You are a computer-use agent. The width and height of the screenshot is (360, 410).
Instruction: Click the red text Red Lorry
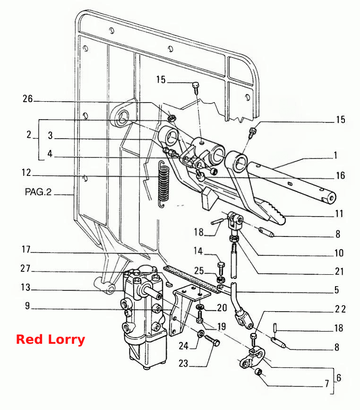tap(51, 340)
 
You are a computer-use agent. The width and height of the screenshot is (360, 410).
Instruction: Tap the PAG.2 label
tap(38, 192)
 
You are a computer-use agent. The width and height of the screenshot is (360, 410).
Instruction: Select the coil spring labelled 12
tap(164, 184)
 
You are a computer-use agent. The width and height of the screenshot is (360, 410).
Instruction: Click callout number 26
tap(27, 98)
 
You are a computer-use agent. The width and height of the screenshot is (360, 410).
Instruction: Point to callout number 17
tap(26, 249)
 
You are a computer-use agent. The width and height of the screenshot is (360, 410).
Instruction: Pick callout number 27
tap(26, 268)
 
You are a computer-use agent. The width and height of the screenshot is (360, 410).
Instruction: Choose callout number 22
tap(340, 309)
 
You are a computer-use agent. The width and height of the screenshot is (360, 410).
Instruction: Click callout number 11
tap(339, 214)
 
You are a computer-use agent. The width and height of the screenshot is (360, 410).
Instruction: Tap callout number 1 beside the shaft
tap(336, 155)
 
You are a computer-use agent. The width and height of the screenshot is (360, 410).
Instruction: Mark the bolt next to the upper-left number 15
tap(196, 88)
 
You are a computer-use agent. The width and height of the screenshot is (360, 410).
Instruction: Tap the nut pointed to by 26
tap(171, 118)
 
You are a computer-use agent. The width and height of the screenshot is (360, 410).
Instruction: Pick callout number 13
tap(26, 288)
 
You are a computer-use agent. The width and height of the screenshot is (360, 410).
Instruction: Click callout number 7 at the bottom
tap(327, 384)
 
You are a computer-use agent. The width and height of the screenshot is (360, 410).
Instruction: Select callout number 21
tap(339, 271)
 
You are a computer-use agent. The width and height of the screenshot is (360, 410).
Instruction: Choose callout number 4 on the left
tap(50, 154)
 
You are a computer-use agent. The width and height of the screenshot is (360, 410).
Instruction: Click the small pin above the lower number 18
tap(275, 328)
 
